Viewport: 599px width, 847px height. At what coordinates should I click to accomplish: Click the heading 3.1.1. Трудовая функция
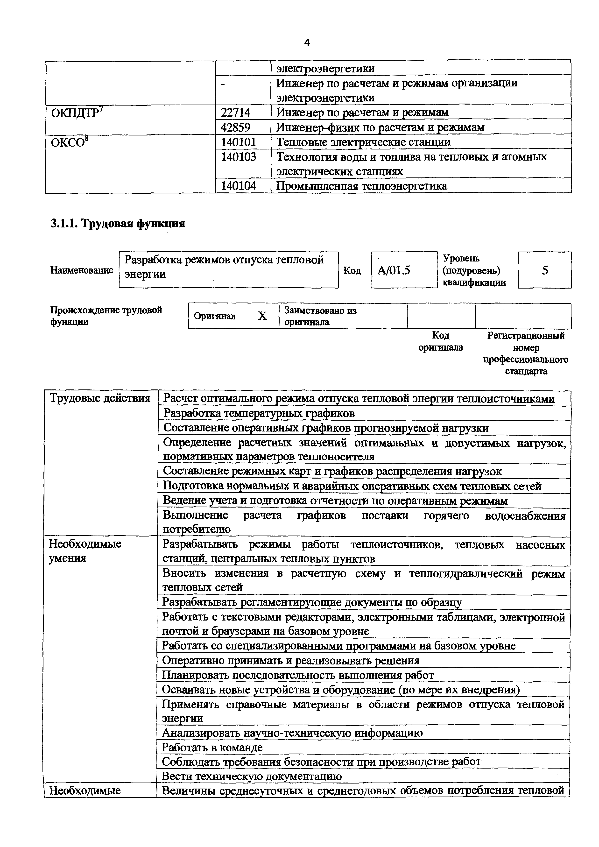point(118,224)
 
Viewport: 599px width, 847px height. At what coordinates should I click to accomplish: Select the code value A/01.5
point(394,271)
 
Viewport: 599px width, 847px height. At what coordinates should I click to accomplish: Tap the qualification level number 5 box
point(544,270)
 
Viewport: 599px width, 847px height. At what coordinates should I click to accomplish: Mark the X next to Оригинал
point(262,316)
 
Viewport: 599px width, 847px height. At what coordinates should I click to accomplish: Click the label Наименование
point(82,270)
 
